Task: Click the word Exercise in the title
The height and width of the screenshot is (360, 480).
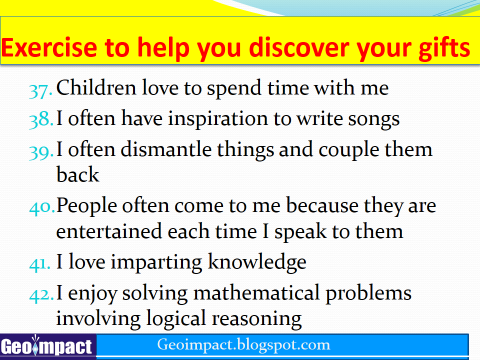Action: [x=49, y=48]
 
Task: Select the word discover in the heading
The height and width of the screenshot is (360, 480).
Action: [x=299, y=48]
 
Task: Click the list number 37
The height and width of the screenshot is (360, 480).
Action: [x=40, y=91]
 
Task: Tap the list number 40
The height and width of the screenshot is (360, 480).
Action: [x=42, y=207]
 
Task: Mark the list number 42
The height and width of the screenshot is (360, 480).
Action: [x=41, y=295]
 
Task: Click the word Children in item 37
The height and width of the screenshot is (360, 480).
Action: [x=96, y=88]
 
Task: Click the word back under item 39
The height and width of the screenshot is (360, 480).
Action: [x=78, y=174]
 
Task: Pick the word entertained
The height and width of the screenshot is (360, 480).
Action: [x=109, y=231]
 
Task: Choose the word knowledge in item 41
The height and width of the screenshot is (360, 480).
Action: [x=257, y=263]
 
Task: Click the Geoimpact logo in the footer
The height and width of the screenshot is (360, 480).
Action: [x=47, y=346]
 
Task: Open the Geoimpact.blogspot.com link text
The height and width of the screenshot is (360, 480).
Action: [x=243, y=345]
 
